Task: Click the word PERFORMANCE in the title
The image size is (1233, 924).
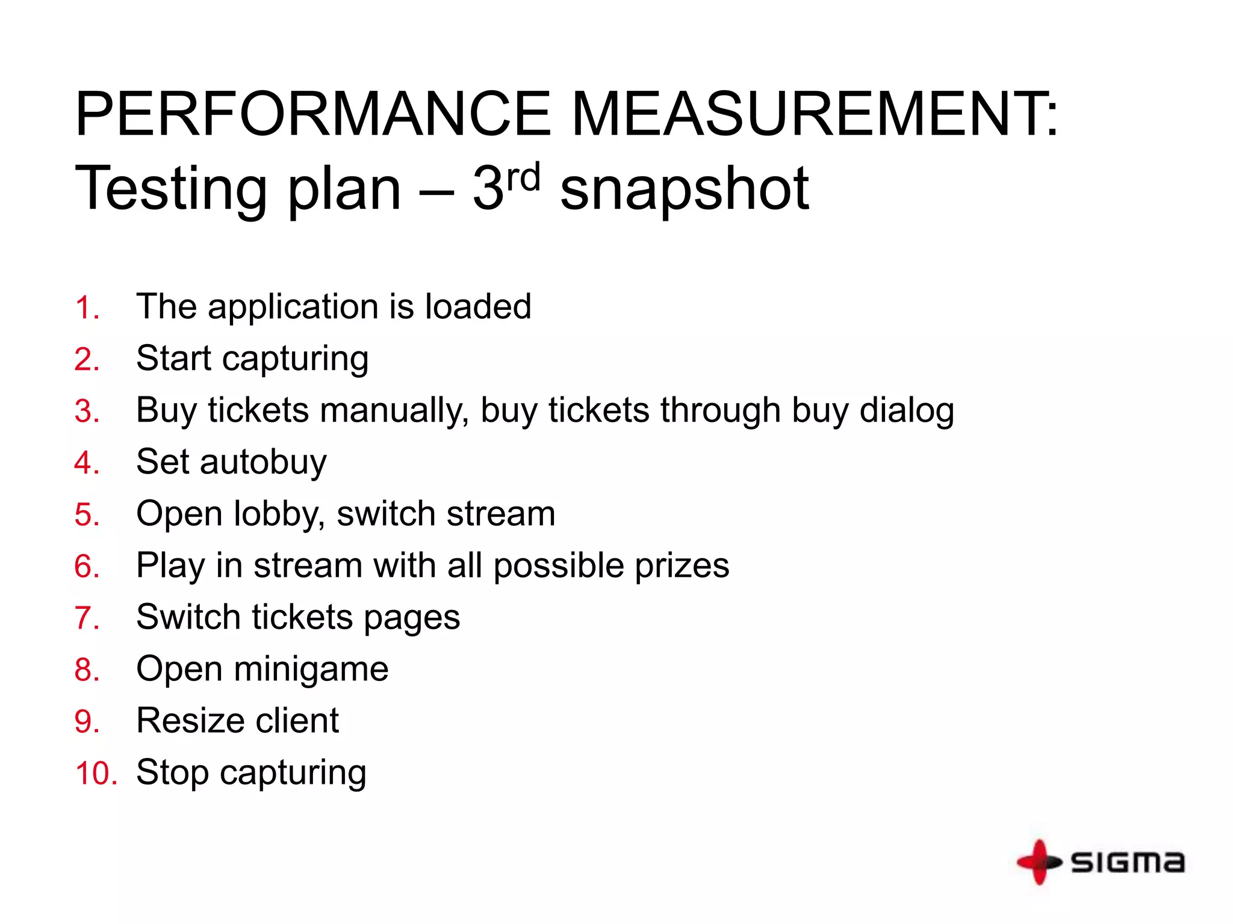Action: [x=312, y=114]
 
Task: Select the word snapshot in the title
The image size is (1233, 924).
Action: [x=685, y=189]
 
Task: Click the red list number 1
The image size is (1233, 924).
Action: [x=86, y=308]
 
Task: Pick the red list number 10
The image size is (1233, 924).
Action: [x=96, y=774]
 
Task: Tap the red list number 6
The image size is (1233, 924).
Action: [x=87, y=567]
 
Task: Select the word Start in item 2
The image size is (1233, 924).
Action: [x=173, y=359]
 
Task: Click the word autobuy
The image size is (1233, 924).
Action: [x=263, y=462]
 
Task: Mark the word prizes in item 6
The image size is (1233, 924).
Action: [x=682, y=566]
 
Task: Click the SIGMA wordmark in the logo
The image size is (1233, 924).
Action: [x=1128, y=862]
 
